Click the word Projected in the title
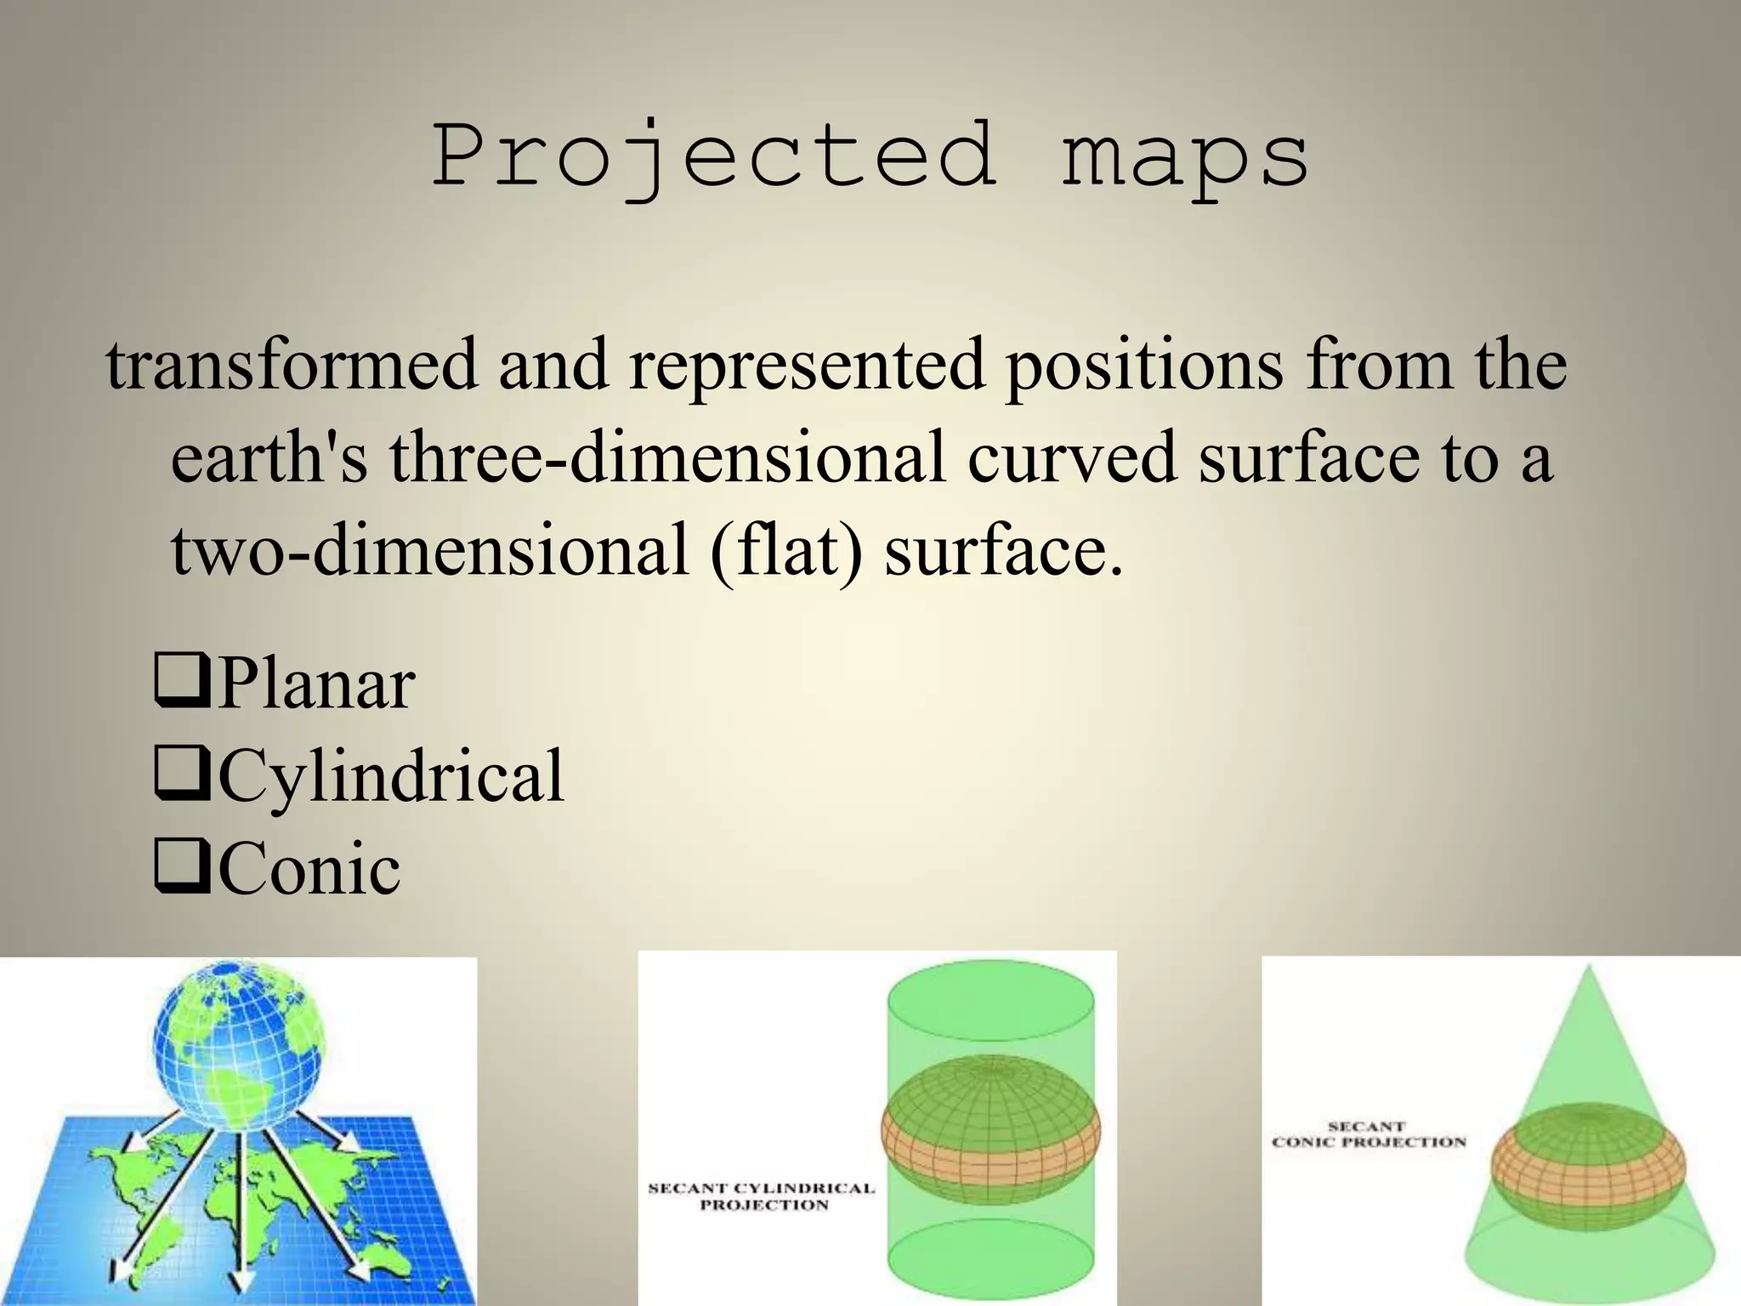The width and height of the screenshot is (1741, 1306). tap(714, 157)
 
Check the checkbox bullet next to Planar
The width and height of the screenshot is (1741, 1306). tap(181, 683)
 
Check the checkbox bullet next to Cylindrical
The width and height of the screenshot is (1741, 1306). tap(181, 775)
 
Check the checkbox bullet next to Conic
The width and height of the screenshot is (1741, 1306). tap(181, 868)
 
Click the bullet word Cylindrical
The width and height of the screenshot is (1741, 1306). tap(391, 775)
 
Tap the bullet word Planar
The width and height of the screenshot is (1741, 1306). tap(316, 683)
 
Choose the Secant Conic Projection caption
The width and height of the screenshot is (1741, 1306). tap(1368, 1134)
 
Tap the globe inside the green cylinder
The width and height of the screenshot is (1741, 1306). tap(990, 1131)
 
